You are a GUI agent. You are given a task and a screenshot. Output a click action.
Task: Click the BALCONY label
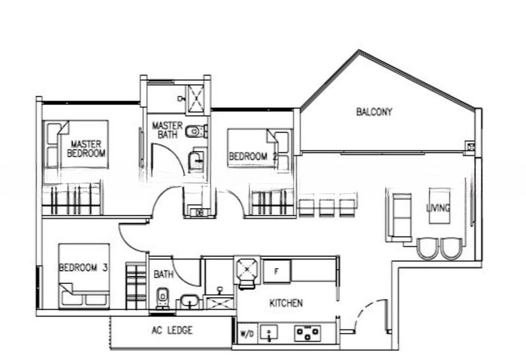pos(374,112)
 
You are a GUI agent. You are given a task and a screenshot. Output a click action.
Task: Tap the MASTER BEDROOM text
pos(86,149)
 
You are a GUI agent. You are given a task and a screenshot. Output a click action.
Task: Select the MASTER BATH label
pos(168,130)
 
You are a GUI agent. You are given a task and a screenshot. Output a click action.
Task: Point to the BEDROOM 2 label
pos(253,156)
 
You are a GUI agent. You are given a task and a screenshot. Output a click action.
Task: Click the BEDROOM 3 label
pos(84,267)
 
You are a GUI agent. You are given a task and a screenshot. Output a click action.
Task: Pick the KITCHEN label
pos(286,304)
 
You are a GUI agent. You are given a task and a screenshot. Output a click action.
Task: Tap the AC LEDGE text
pos(172,330)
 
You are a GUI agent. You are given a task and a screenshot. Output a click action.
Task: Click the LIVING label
pos(438,208)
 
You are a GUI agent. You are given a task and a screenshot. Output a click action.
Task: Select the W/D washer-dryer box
pos(247,334)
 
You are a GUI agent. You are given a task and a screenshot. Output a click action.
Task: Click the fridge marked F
pos(277,271)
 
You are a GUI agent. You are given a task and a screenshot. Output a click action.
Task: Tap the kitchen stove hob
pos(307,334)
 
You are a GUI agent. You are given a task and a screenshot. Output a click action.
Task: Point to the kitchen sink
pos(269,334)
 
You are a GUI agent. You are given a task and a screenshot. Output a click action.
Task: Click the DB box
pos(199,213)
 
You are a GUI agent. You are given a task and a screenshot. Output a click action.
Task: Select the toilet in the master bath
pos(197,131)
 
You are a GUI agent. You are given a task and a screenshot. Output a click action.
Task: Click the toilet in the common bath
pos(162,298)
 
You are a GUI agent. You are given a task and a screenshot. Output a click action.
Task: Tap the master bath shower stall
pos(195,97)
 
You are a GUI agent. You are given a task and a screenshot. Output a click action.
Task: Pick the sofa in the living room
pos(399,215)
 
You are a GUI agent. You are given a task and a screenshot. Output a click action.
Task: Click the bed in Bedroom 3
pos(84,276)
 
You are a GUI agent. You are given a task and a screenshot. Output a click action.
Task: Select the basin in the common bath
pos(190,302)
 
